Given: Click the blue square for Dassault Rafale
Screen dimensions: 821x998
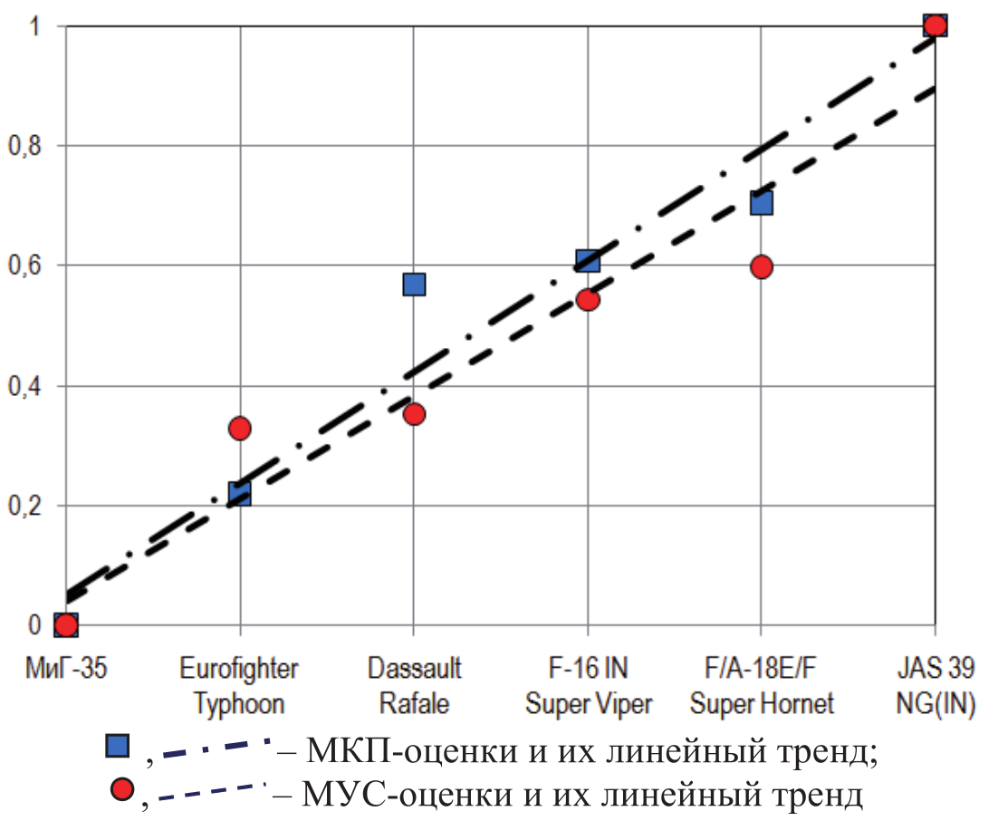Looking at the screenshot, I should click(414, 285).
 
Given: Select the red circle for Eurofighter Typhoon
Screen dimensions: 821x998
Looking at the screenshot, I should click(240, 429).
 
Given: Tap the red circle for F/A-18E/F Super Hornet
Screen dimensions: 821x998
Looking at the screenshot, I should click(762, 267).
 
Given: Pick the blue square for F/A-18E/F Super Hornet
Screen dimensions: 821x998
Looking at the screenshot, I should click(762, 202).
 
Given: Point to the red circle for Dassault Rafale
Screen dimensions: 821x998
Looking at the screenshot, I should click(414, 414).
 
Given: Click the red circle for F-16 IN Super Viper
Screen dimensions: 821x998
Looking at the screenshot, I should click(588, 300).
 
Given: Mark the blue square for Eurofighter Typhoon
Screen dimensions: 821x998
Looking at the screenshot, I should click(240, 493).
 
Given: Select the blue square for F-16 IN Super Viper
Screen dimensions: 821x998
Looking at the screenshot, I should click(588, 262).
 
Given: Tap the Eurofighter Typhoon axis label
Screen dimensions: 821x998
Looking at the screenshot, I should click(239, 686).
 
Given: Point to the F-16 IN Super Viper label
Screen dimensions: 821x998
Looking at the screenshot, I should click(588, 686).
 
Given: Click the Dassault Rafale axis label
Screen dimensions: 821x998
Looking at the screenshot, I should click(414, 686).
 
